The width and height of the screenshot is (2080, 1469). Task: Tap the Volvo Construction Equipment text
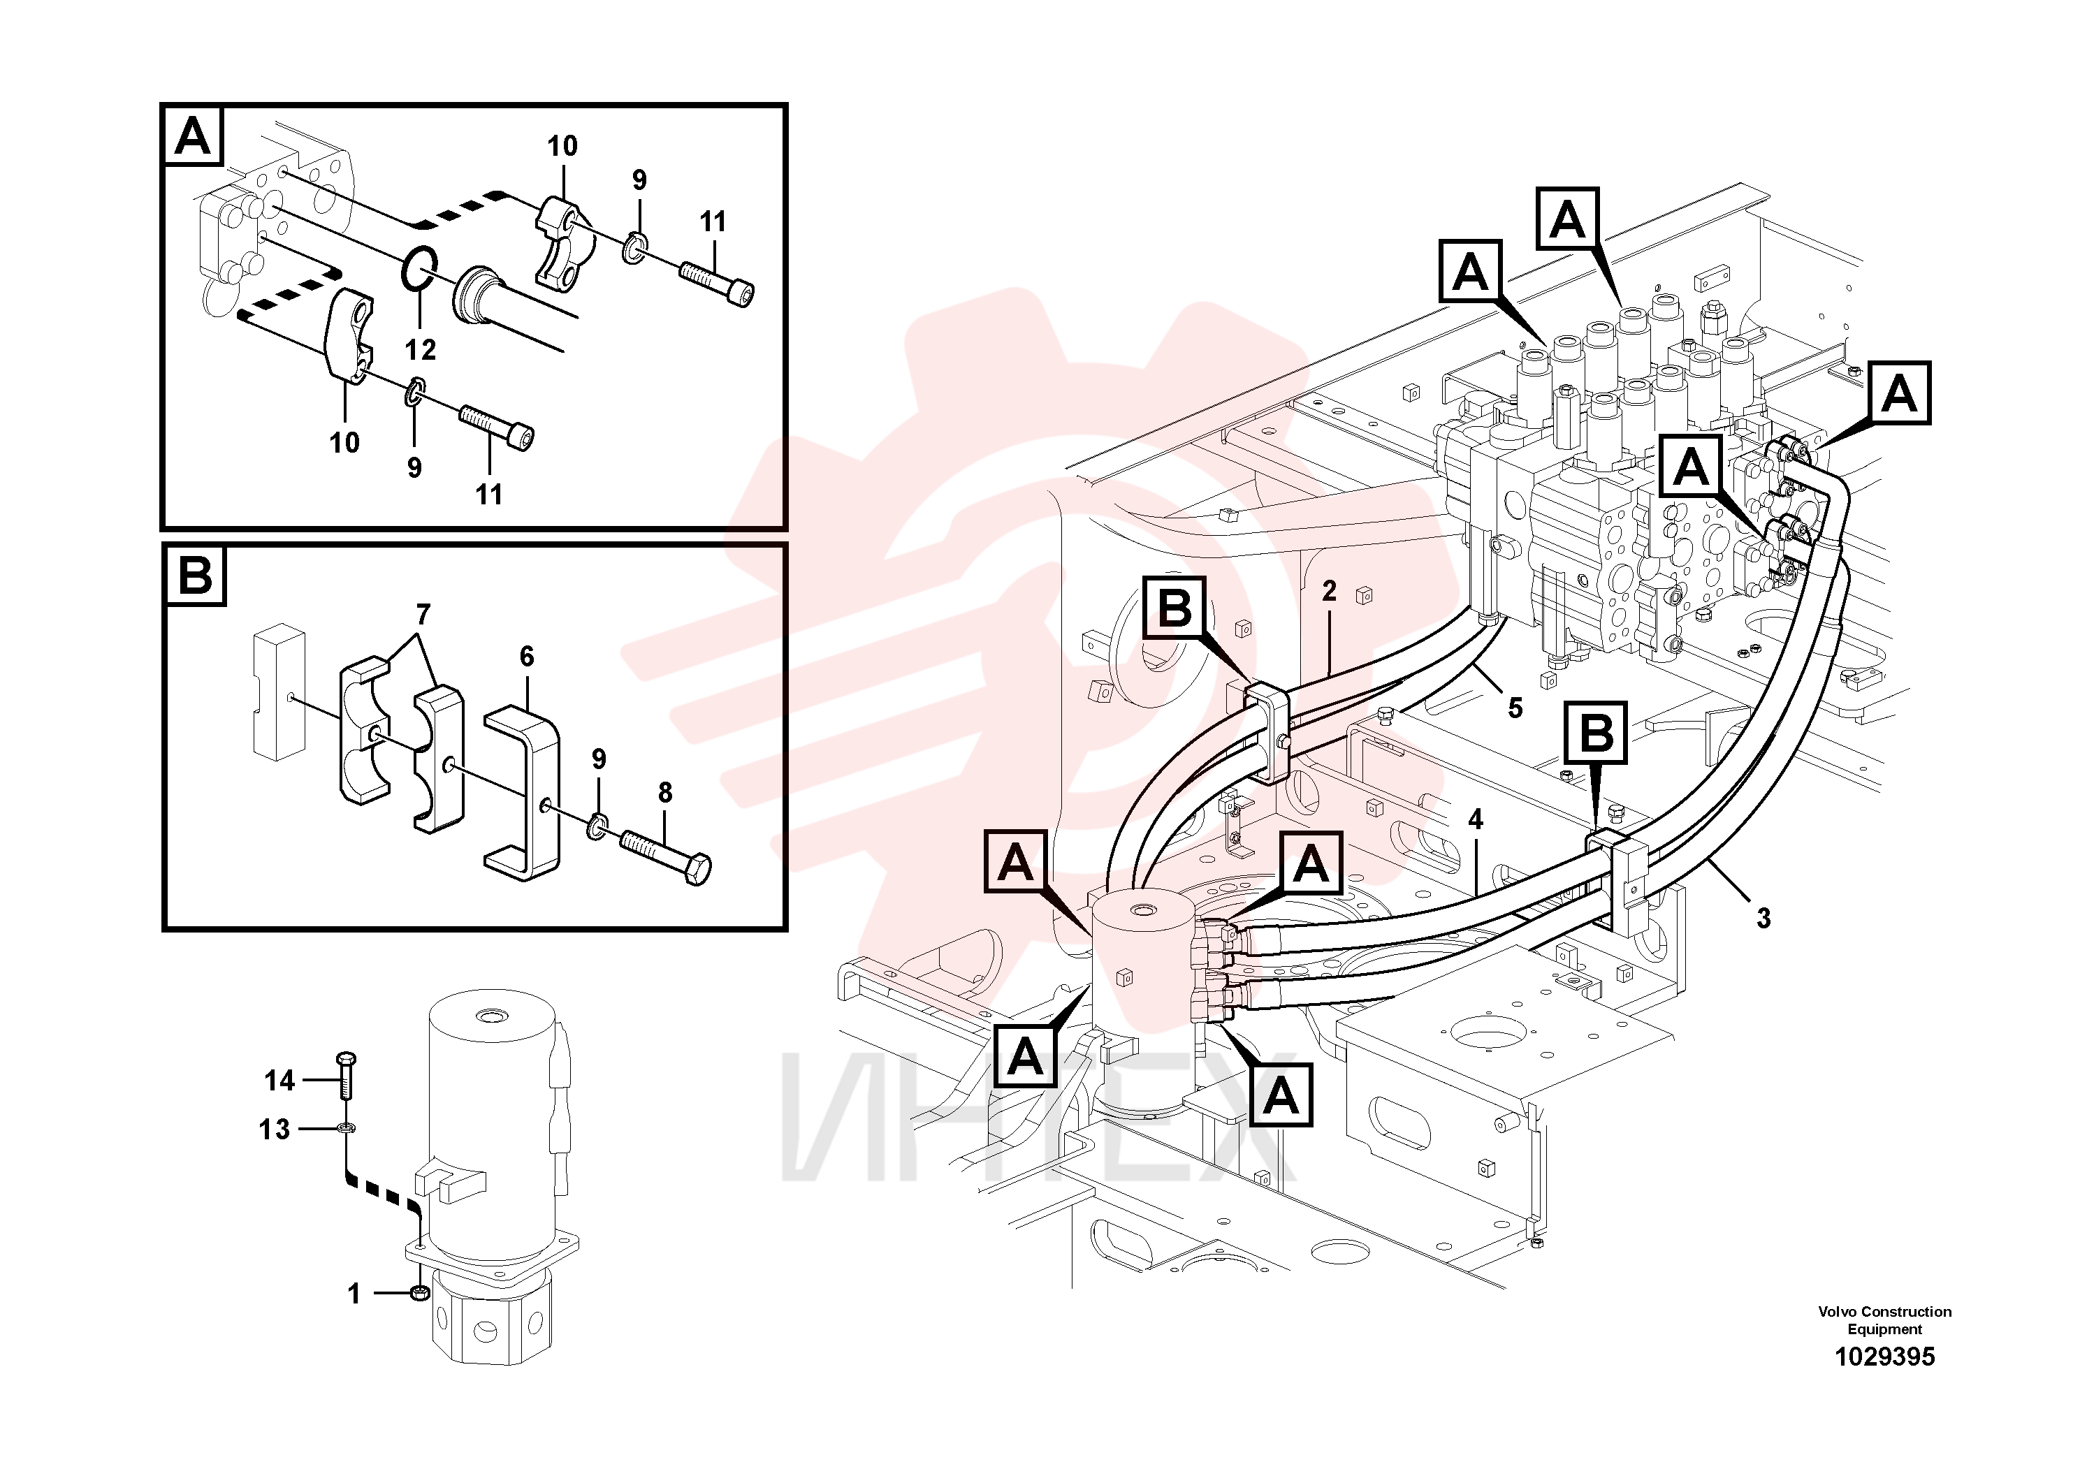click(x=1884, y=1320)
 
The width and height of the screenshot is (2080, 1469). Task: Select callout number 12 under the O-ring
click(x=421, y=349)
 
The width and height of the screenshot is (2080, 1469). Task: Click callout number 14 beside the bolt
click(x=280, y=1081)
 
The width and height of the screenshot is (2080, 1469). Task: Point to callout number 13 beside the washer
click(x=275, y=1130)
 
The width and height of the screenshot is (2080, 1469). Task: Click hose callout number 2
click(x=1329, y=592)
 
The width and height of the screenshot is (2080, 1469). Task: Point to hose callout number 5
click(x=1515, y=708)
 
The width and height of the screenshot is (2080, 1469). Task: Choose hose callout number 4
click(x=1476, y=819)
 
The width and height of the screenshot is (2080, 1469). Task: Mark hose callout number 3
click(x=1763, y=919)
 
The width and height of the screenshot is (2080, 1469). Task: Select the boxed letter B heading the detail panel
click(x=196, y=575)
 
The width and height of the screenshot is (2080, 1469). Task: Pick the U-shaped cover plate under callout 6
click(x=523, y=782)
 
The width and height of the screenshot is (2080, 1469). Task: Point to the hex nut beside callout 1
click(x=419, y=1292)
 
